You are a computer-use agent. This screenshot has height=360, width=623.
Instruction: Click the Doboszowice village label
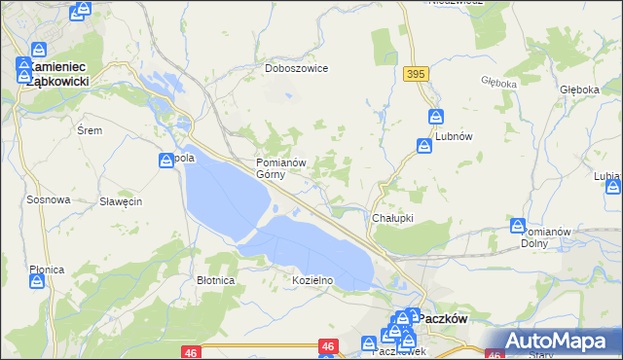(x=297, y=69)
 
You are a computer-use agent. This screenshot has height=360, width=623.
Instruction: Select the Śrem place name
(x=89, y=129)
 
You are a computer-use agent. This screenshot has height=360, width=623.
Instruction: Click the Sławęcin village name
(x=122, y=201)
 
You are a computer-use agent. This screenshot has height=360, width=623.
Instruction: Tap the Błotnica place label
(x=215, y=280)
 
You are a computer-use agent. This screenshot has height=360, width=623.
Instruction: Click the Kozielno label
(x=312, y=280)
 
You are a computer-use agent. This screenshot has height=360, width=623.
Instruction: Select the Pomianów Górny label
(x=281, y=168)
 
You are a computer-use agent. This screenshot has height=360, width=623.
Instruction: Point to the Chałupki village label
(x=393, y=219)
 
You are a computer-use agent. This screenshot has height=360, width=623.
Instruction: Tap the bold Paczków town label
(x=445, y=318)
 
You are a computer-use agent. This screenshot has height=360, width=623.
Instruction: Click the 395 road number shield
(x=418, y=74)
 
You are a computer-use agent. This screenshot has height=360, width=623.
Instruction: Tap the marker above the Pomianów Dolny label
(x=519, y=226)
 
